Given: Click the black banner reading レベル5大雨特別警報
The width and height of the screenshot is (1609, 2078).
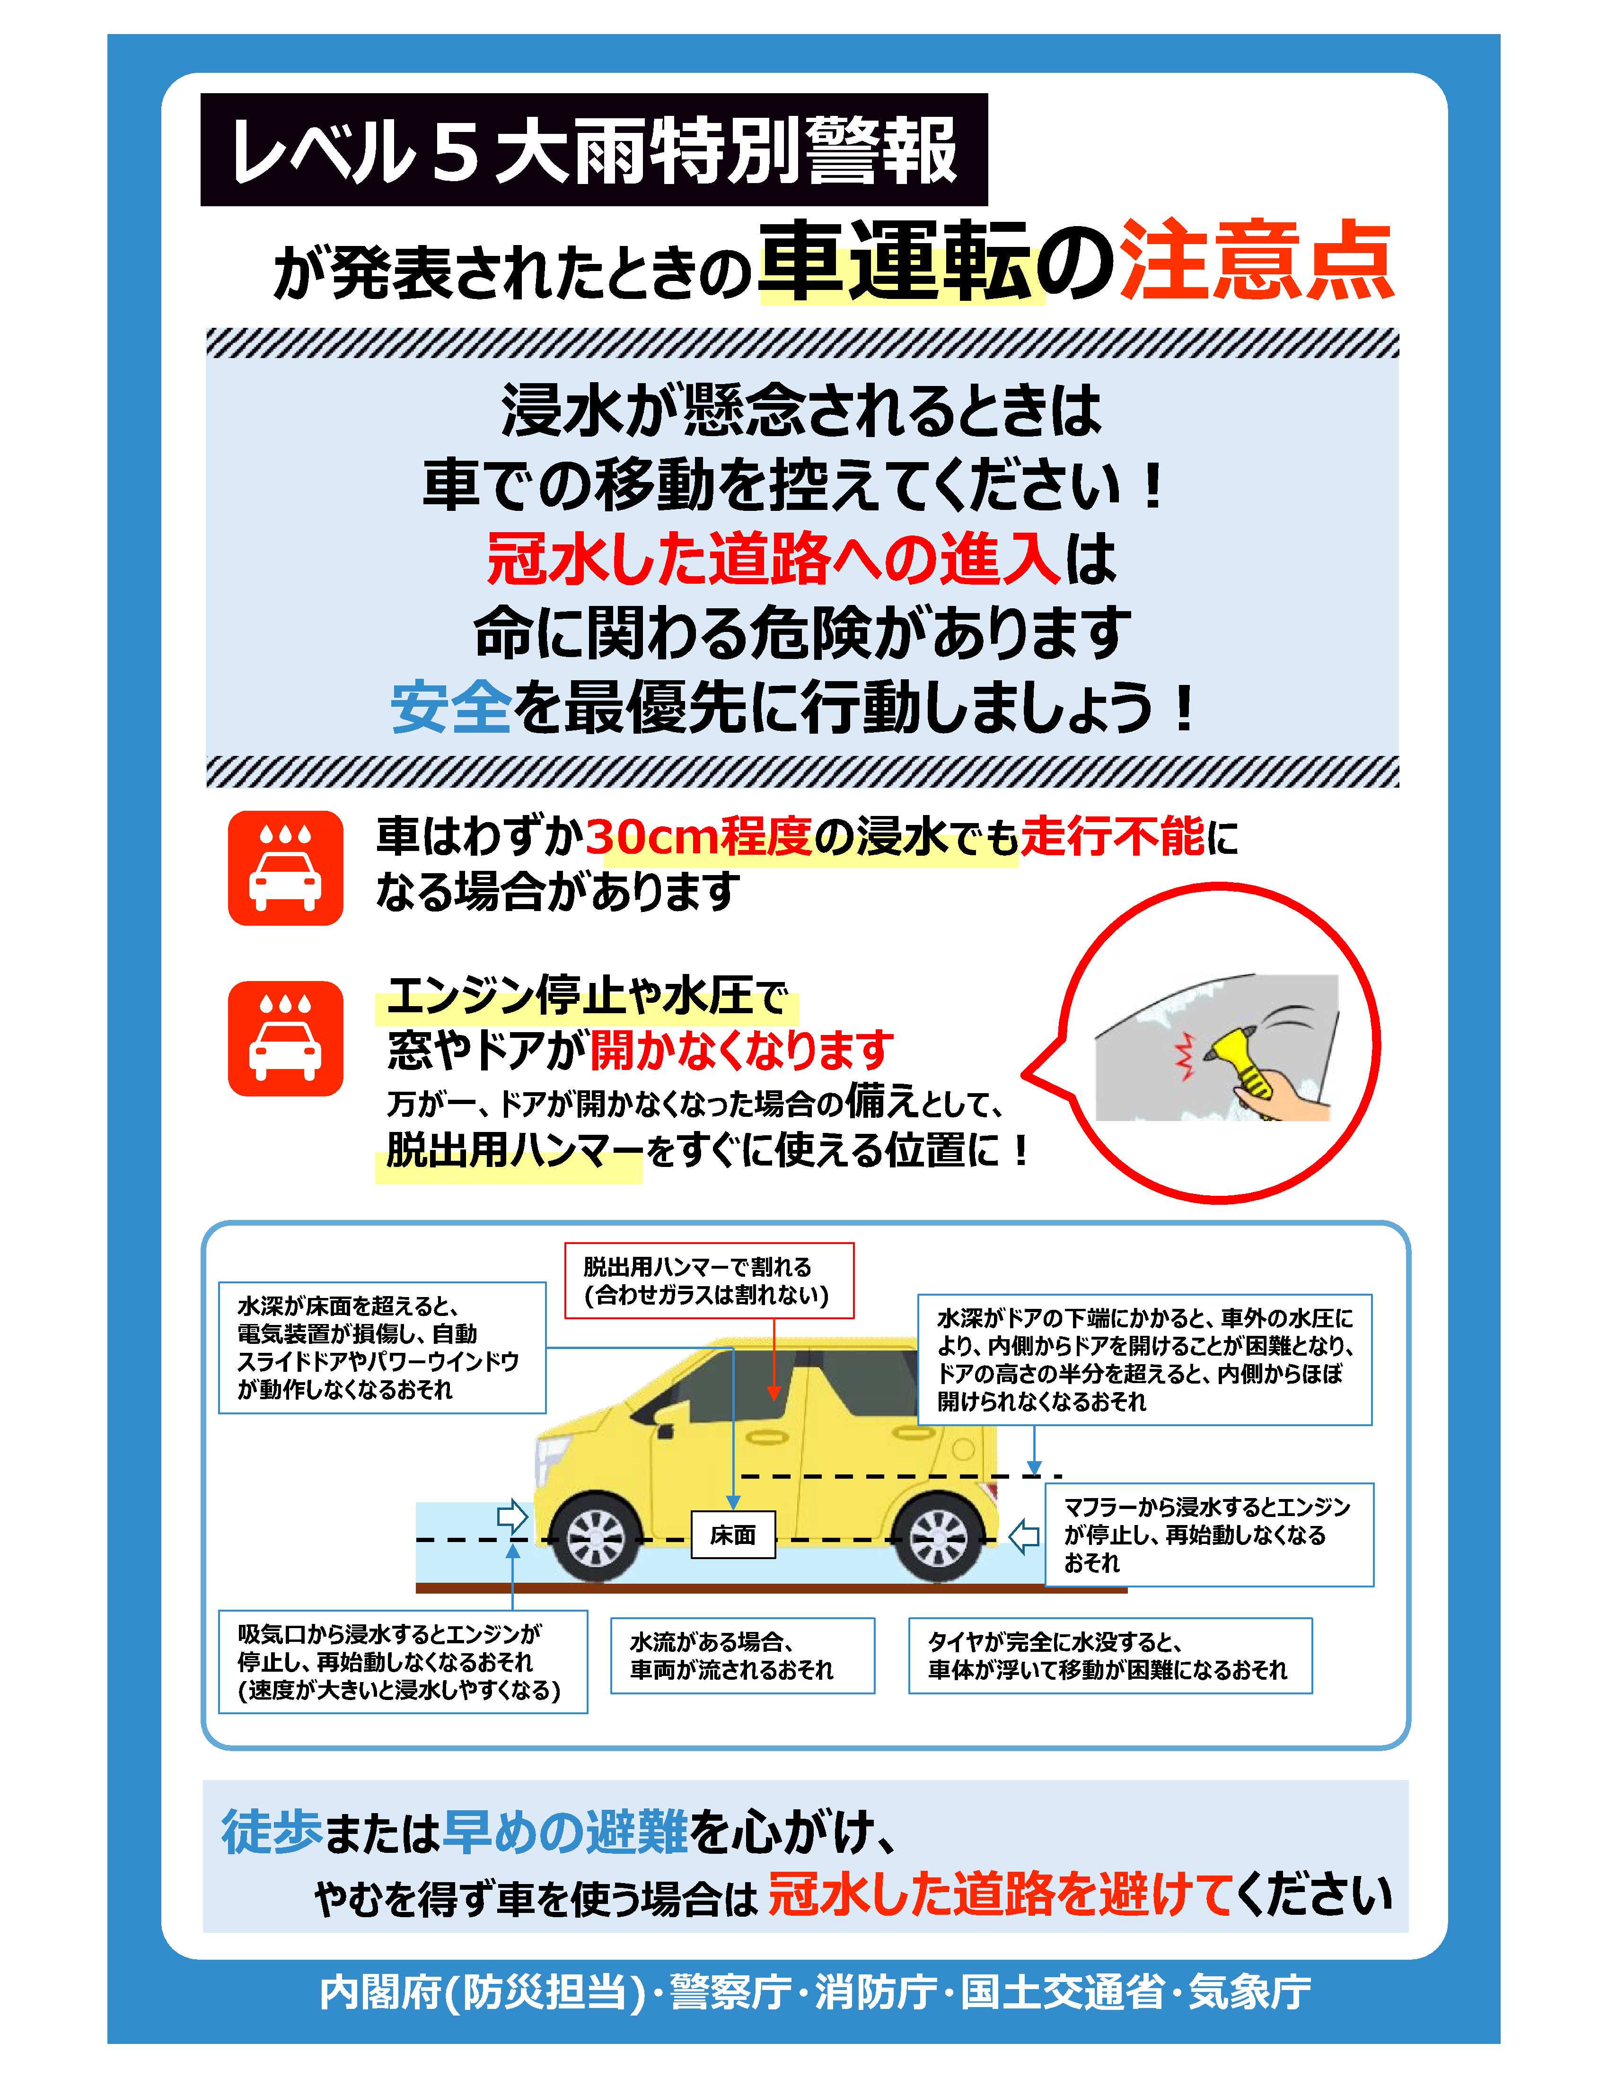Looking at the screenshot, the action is pos(594,149).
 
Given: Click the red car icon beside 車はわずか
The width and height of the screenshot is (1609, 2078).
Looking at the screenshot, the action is pos(285,868).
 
